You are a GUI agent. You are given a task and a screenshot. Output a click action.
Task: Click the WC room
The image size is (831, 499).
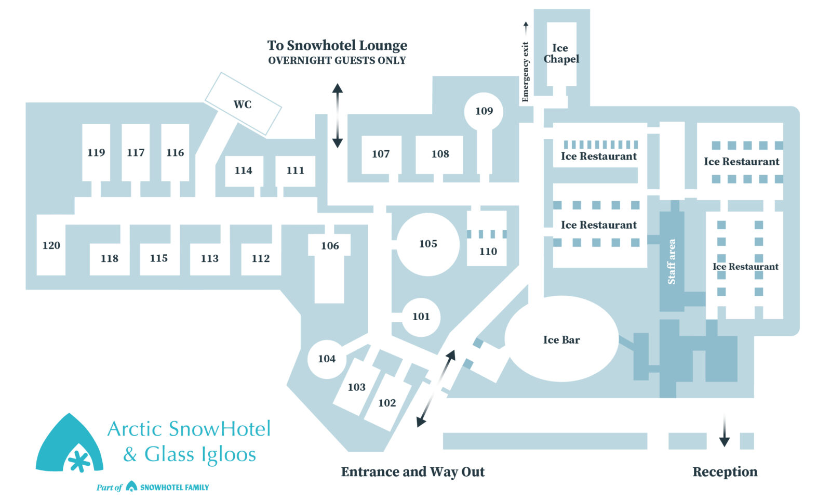click(243, 104)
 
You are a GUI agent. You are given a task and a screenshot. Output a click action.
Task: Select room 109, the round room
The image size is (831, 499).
click(484, 111)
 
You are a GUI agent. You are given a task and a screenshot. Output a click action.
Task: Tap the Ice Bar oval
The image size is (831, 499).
click(561, 339)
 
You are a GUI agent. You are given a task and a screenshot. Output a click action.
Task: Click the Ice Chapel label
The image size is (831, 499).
click(561, 54)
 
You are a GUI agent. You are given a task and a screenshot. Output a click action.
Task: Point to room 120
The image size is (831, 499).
click(51, 245)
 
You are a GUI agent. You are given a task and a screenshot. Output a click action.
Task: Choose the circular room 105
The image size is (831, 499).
click(428, 244)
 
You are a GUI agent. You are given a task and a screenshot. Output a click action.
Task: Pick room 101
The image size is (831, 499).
click(421, 317)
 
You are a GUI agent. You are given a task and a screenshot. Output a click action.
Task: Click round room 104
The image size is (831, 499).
click(327, 359)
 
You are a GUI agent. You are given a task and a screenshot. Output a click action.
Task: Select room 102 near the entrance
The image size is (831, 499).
click(387, 403)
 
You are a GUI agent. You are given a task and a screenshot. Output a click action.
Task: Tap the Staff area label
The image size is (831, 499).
click(672, 261)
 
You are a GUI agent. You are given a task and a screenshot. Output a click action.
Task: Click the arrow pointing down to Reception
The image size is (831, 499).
click(725, 431)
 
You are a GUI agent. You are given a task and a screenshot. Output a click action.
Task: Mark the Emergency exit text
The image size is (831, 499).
click(525, 72)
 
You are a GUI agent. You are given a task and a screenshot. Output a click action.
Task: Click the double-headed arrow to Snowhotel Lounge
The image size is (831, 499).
click(338, 115)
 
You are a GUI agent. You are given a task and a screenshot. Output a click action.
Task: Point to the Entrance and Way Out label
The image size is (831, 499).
click(412, 471)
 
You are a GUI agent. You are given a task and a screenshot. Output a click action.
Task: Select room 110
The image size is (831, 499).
click(488, 251)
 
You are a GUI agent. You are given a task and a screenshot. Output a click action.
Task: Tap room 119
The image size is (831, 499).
click(96, 152)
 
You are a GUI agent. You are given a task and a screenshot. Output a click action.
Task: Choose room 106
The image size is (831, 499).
click(330, 246)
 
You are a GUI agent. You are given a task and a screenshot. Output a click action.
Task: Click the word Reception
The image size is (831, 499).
click(725, 471)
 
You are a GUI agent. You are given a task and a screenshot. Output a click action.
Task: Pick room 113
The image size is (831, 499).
click(210, 258)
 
